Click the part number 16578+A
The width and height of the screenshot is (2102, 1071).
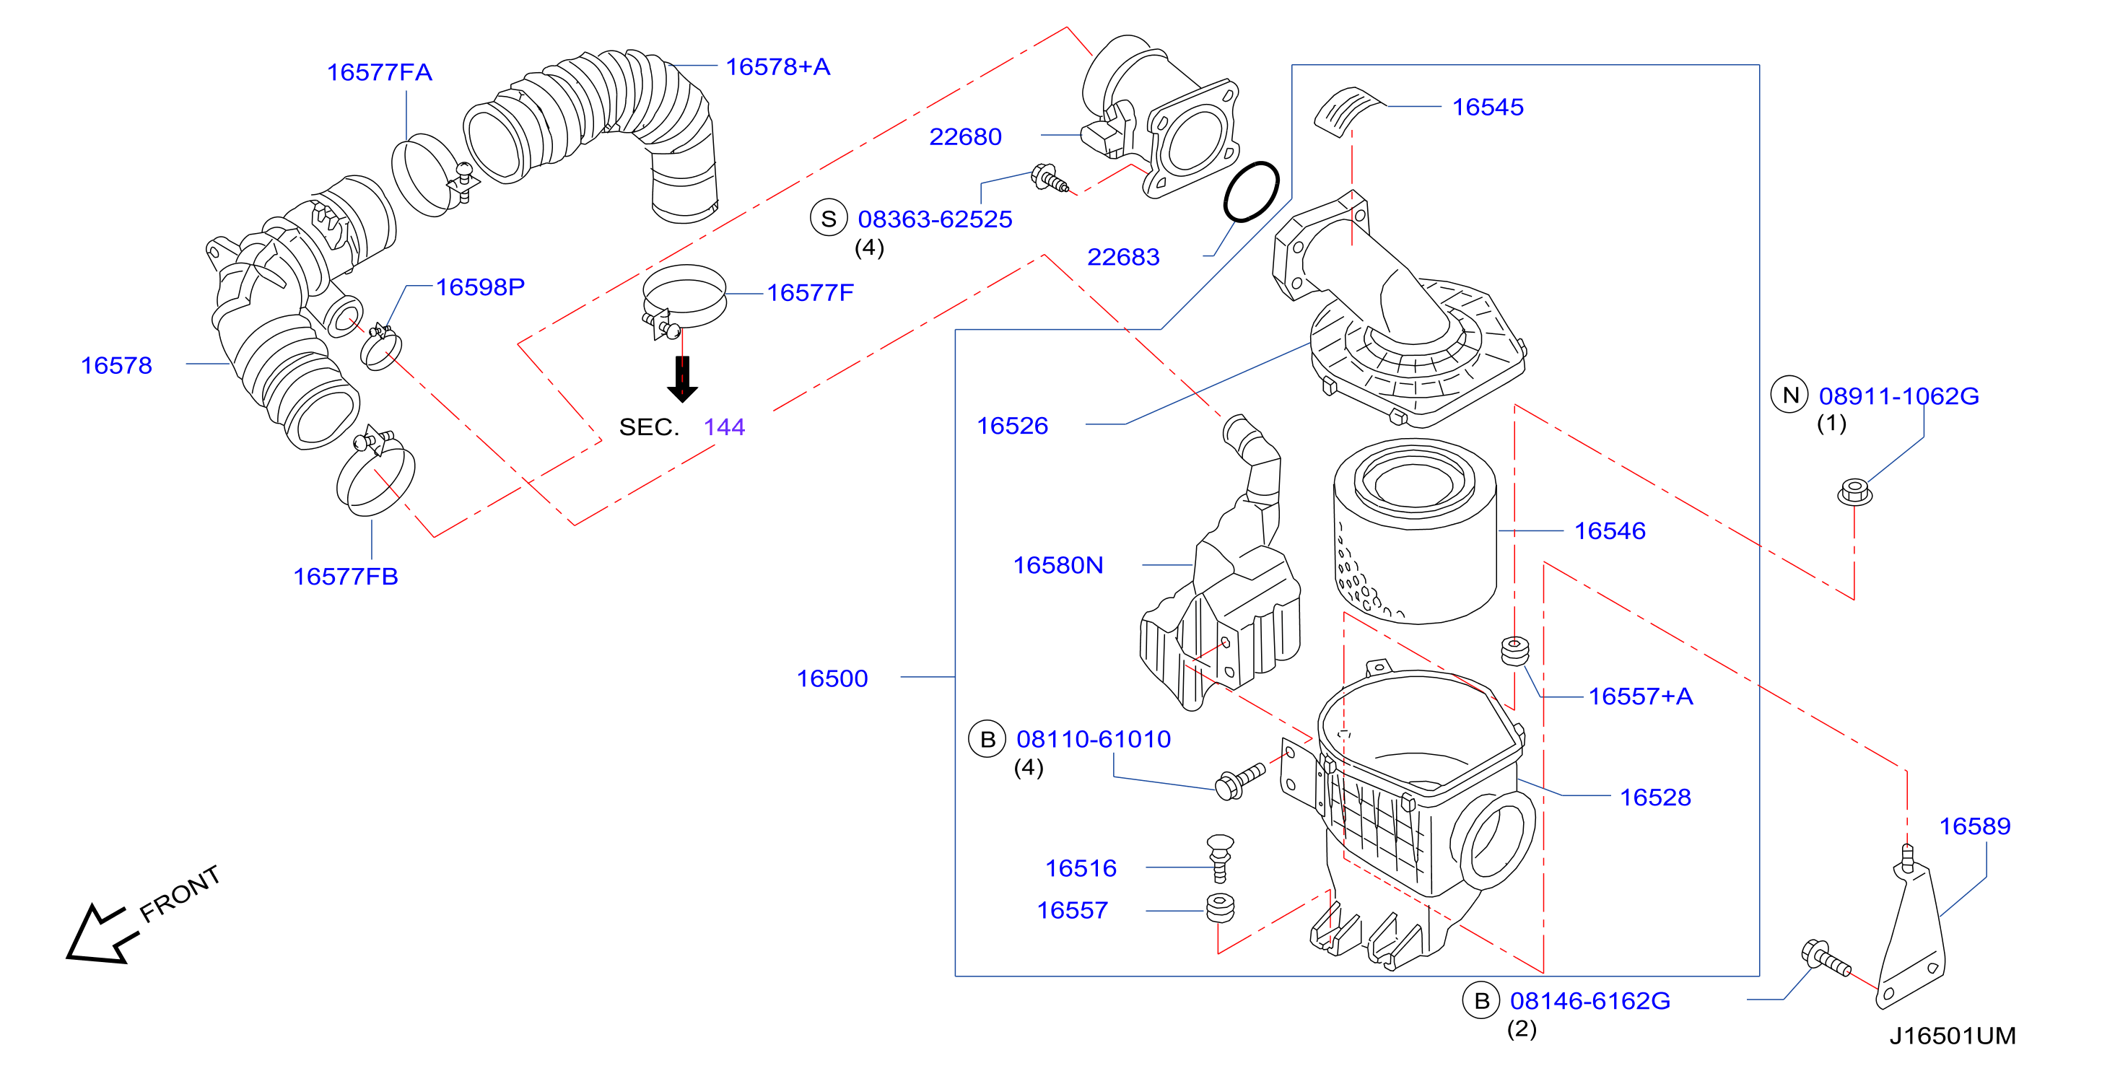click(777, 67)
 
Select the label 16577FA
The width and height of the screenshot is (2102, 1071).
click(380, 73)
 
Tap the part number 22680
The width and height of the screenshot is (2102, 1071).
click(965, 137)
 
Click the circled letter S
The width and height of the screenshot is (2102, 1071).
click(828, 219)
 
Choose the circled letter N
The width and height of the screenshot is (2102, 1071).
click(1789, 395)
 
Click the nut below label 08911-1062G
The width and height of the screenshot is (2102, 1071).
click(1854, 493)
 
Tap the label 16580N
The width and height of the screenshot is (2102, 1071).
click(1057, 565)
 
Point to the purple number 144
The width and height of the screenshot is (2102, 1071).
click(724, 427)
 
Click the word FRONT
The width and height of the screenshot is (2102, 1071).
click(180, 894)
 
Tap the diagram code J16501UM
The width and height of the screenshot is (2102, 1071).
click(1953, 1036)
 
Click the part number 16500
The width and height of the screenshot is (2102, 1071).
click(832, 678)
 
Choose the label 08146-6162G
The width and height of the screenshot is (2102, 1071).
click(1589, 1001)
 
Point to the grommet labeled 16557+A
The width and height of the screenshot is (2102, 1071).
click(1514, 651)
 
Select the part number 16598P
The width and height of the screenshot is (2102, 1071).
click(480, 287)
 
